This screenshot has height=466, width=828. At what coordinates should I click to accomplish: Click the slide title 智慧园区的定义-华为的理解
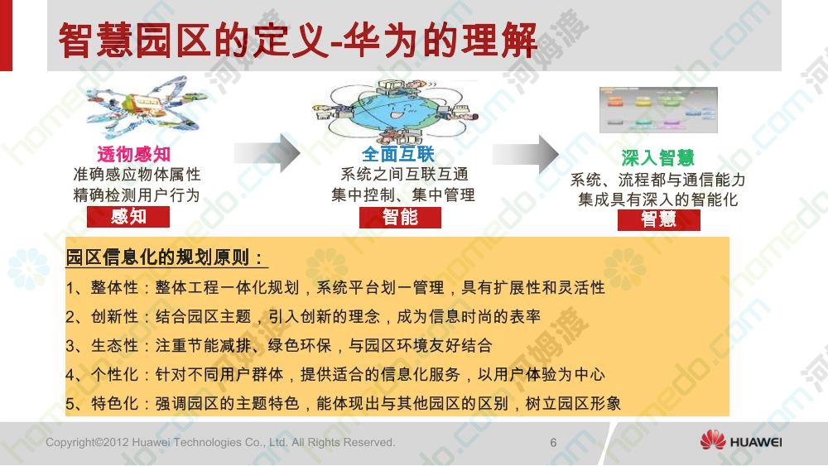pyautogui.click(x=297, y=40)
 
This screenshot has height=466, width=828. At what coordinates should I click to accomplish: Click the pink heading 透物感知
pyautogui.click(x=133, y=154)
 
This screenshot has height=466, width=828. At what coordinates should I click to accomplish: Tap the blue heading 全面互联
pyautogui.click(x=398, y=154)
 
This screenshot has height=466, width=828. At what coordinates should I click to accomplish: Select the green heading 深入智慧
pyautogui.click(x=657, y=157)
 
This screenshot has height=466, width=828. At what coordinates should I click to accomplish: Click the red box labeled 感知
pyautogui.click(x=128, y=216)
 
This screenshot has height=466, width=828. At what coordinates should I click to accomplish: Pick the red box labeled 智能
pyautogui.click(x=400, y=217)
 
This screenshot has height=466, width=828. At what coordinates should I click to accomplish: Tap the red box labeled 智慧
pyautogui.click(x=659, y=219)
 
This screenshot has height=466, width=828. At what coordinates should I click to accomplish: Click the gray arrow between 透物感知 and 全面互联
pyautogui.click(x=267, y=153)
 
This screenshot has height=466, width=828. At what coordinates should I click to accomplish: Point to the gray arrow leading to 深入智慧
pyautogui.click(x=526, y=154)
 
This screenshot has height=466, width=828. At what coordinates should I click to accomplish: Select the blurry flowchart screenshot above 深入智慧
pyautogui.click(x=658, y=110)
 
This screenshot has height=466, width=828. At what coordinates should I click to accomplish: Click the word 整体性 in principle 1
pyautogui.click(x=114, y=287)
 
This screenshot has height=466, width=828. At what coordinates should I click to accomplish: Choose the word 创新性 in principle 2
pyautogui.click(x=114, y=317)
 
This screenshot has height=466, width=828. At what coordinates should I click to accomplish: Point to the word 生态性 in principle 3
pyautogui.click(x=114, y=346)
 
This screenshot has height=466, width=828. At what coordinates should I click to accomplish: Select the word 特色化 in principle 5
pyautogui.click(x=114, y=404)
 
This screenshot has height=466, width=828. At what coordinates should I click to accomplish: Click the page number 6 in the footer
pyautogui.click(x=553, y=442)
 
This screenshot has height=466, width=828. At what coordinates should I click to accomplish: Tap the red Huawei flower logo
pyautogui.click(x=713, y=440)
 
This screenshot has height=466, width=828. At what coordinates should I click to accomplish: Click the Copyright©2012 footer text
pyautogui.click(x=220, y=442)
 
